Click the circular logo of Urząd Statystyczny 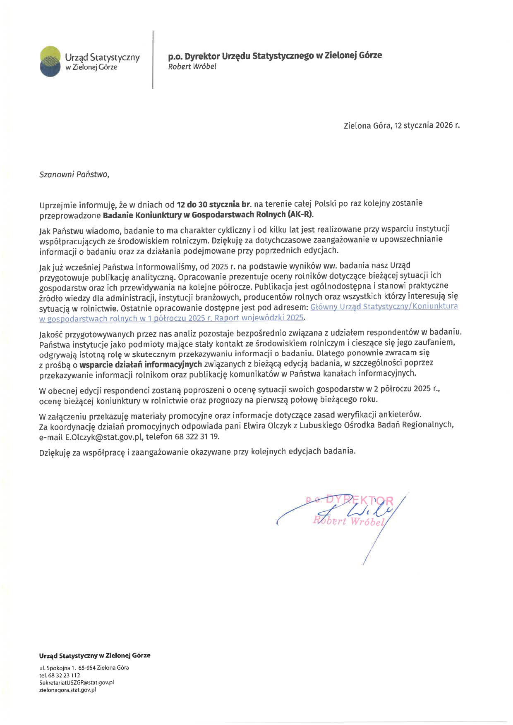(x=50, y=61)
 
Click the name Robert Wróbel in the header (x=192, y=67)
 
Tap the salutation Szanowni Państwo (x=74, y=174)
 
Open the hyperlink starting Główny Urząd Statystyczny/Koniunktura (x=384, y=307)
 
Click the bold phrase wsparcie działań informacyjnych (x=141, y=364)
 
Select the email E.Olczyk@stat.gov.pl (x=104, y=436)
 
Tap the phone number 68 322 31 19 (x=197, y=436)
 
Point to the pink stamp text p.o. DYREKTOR (x=350, y=501)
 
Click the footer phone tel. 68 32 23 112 (x=60, y=675)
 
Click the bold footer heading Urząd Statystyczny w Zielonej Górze (x=95, y=656)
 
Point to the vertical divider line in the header (x=153, y=60)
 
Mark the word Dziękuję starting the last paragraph (x=55, y=452)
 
